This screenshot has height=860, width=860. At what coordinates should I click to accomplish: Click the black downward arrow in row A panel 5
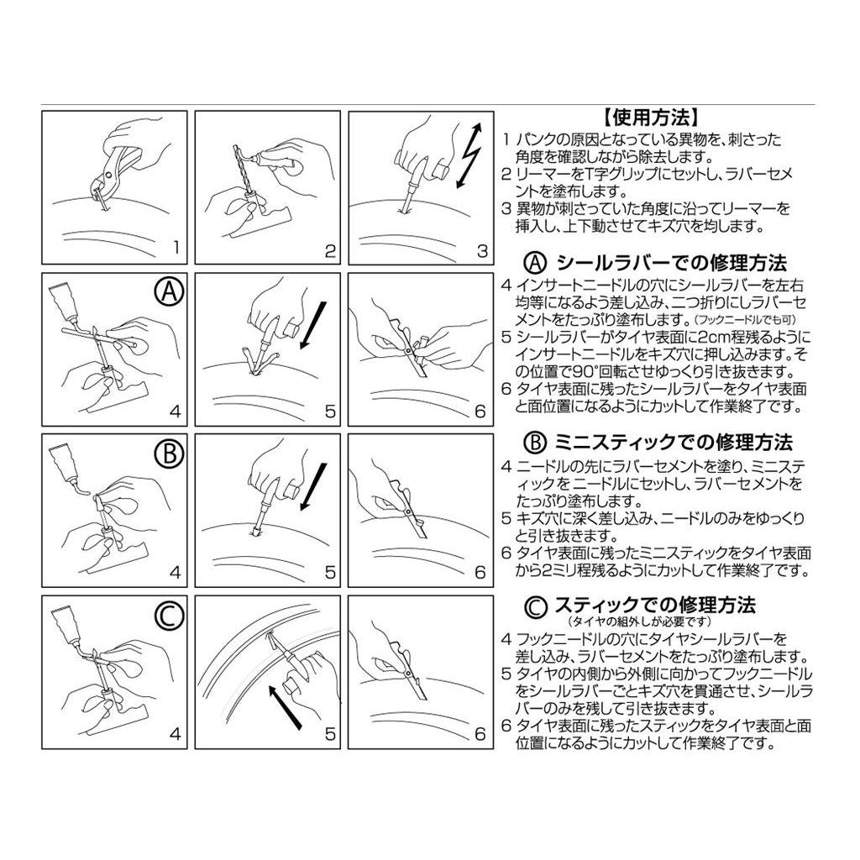(x=314, y=325)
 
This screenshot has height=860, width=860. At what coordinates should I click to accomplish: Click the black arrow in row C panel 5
(x=286, y=706)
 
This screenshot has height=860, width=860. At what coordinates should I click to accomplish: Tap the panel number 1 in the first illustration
(x=176, y=248)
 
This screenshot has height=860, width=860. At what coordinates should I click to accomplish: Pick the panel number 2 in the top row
(x=329, y=250)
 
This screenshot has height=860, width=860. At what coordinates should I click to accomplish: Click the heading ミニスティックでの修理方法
(x=674, y=442)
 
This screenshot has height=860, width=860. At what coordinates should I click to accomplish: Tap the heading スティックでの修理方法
(x=655, y=605)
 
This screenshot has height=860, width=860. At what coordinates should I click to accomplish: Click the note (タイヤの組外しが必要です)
(x=639, y=621)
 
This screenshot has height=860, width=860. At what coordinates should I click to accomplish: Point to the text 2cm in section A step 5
(x=696, y=337)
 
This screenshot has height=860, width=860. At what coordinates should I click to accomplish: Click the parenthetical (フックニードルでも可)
(x=744, y=319)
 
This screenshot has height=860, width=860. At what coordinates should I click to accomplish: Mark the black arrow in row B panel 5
(x=314, y=487)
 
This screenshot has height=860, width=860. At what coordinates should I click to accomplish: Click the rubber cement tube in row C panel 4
(x=64, y=624)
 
